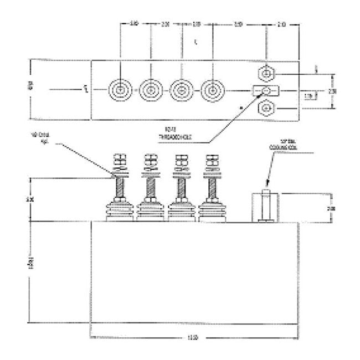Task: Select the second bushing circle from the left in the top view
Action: (x=150, y=89)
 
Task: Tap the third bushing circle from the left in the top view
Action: (x=181, y=89)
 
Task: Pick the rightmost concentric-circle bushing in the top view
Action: (x=211, y=89)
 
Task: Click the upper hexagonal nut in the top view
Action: (x=266, y=73)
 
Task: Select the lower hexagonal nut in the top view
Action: (x=266, y=107)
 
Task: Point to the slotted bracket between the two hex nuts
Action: (x=266, y=90)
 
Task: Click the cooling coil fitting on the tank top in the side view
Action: (x=266, y=208)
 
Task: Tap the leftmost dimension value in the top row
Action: (x=134, y=24)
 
